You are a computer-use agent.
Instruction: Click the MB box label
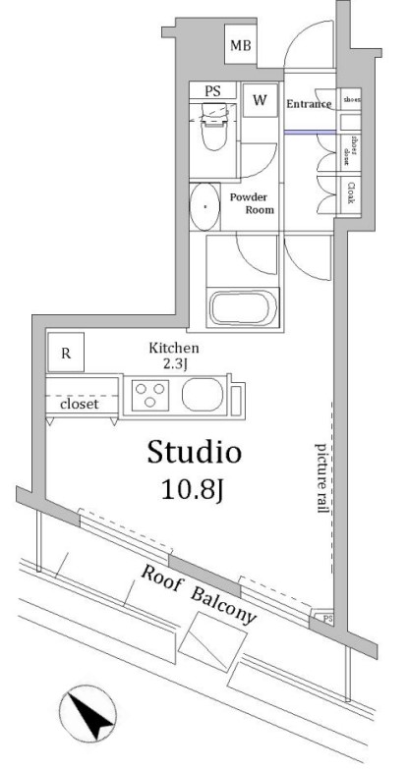pyautogui.click(x=240, y=45)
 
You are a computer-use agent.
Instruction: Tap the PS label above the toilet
pyautogui.click(x=212, y=91)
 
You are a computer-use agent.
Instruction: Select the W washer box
pyautogui.click(x=261, y=101)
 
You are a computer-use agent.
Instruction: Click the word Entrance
pyautogui.click(x=309, y=103)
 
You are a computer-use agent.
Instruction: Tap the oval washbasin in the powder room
pyautogui.click(x=204, y=206)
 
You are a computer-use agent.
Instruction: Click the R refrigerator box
pyautogui.click(x=66, y=353)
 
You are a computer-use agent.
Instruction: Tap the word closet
pyautogui.click(x=78, y=405)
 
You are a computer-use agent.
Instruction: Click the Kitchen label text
pyautogui.click(x=174, y=349)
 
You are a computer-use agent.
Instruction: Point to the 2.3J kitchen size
pyautogui.click(x=174, y=364)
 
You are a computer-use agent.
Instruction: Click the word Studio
pyautogui.click(x=194, y=453)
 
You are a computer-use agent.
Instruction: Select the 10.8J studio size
pyautogui.click(x=194, y=488)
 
